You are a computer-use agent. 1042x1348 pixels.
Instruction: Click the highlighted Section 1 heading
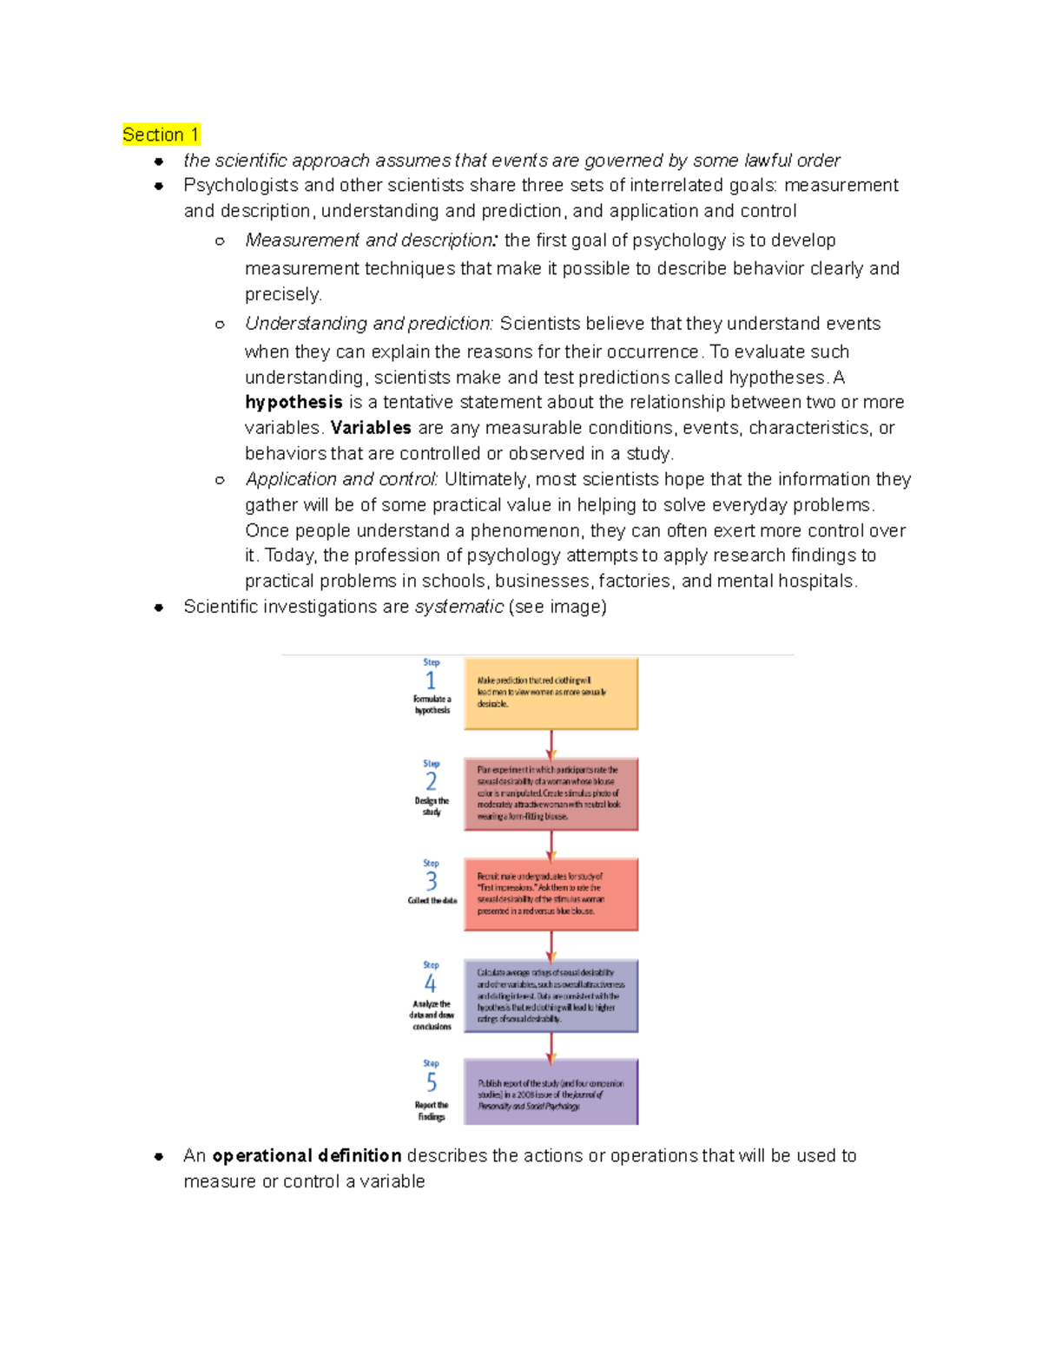click(x=161, y=135)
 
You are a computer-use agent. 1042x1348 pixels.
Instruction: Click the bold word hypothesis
click(x=293, y=402)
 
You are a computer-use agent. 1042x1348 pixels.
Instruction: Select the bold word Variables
click(x=371, y=428)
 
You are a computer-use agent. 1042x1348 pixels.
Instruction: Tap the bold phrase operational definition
click(x=307, y=1155)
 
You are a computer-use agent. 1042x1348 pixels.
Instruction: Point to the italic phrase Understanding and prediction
click(x=369, y=324)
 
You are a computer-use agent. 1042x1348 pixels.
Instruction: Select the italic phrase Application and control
click(x=341, y=479)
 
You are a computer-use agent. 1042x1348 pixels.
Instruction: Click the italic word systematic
click(x=458, y=607)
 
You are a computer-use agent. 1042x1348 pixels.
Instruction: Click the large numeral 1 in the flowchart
click(x=431, y=681)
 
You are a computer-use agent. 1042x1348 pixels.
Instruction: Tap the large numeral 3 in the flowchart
click(x=431, y=882)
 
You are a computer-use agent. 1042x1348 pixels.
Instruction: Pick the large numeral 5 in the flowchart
click(x=431, y=1082)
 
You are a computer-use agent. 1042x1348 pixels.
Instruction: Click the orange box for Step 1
click(x=551, y=694)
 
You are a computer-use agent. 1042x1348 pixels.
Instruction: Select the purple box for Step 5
click(x=551, y=1092)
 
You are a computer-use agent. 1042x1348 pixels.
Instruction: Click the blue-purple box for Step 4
click(x=551, y=996)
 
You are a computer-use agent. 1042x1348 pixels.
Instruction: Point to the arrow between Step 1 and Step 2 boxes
click(x=551, y=744)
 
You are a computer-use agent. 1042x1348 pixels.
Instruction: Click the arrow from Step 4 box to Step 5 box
click(x=551, y=1046)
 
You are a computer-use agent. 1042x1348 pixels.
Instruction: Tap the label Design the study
click(x=432, y=806)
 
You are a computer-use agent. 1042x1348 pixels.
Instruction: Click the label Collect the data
click(x=432, y=901)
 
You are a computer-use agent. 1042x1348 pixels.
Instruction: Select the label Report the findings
click(x=432, y=1111)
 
